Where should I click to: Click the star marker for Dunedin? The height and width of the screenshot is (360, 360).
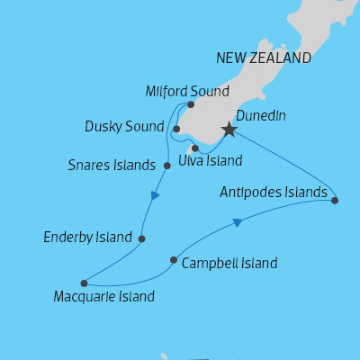pyautogui.click(x=229, y=130)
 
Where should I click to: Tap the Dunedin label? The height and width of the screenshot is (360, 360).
pyautogui.click(x=260, y=114)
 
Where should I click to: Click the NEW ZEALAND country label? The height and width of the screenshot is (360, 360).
pyautogui.click(x=264, y=58)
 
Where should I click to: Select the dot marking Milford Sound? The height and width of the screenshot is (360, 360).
pyautogui.click(x=191, y=104)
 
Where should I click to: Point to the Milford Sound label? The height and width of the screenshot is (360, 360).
pyautogui.click(x=187, y=91)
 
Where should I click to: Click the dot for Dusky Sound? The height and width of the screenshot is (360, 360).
pyautogui.click(x=176, y=129)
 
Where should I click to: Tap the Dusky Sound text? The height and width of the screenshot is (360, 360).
pyautogui.click(x=125, y=126)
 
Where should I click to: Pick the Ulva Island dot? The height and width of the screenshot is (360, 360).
pyautogui.click(x=194, y=148)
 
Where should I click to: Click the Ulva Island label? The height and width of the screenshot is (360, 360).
pyautogui.click(x=211, y=161)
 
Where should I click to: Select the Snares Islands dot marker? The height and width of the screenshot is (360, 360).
pyautogui.click(x=167, y=166)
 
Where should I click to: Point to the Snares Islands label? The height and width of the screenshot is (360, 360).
pyautogui.click(x=112, y=166)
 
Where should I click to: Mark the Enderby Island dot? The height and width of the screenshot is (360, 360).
pyautogui.click(x=141, y=238)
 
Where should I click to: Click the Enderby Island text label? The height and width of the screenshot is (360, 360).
pyautogui.click(x=87, y=238)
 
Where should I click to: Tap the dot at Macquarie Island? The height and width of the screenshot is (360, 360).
pyautogui.click(x=84, y=283)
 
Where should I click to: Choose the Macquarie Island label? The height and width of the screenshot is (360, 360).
pyautogui.click(x=103, y=296)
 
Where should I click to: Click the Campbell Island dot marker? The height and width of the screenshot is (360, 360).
pyautogui.click(x=173, y=260)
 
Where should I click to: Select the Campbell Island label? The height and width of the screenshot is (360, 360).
pyautogui.click(x=229, y=264)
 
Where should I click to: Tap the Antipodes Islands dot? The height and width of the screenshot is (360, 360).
pyautogui.click(x=335, y=201)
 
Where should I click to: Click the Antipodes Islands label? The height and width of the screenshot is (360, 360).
pyautogui.click(x=274, y=193)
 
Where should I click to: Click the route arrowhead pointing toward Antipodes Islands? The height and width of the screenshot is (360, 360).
pyautogui.click(x=238, y=222)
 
